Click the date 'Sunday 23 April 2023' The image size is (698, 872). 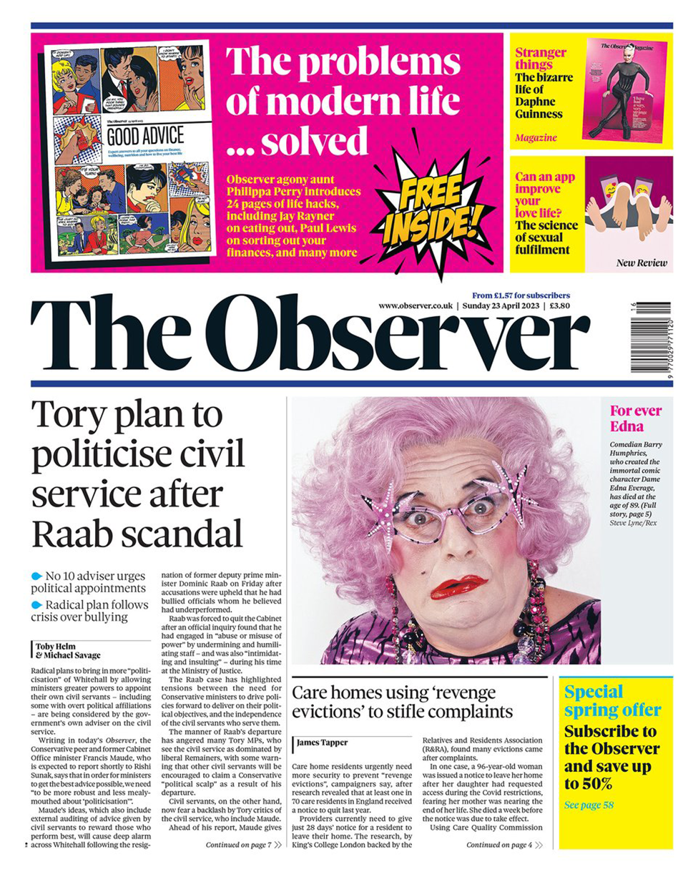coord(499,305)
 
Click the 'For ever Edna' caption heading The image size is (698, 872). coord(635,418)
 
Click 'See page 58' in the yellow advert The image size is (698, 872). coord(589,805)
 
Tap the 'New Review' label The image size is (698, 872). coord(642,263)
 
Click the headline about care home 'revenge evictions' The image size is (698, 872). coord(403,702)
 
